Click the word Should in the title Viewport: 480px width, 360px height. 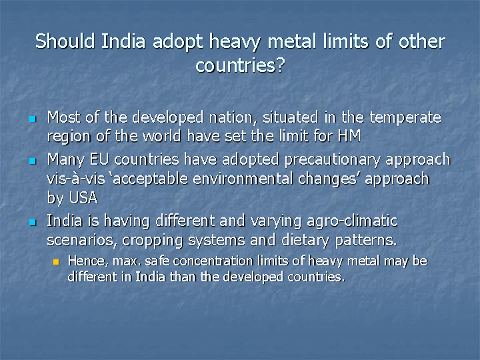coord(65,41)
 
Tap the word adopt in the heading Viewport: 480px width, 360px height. coord(178,43)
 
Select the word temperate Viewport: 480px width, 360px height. coord(405,117)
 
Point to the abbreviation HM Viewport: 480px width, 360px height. coord(349,136)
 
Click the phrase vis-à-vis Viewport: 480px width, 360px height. coord(76,179)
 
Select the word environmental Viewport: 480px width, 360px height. coord(243,179)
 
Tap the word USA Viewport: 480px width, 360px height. coord(83,198)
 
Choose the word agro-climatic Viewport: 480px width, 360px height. coord(352,222)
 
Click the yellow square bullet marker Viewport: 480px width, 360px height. coord(56,262)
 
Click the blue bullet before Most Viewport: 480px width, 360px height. coord(33,119)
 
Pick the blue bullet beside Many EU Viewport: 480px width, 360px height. coord(33,161)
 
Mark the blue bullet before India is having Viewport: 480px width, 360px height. coord(33,222)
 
